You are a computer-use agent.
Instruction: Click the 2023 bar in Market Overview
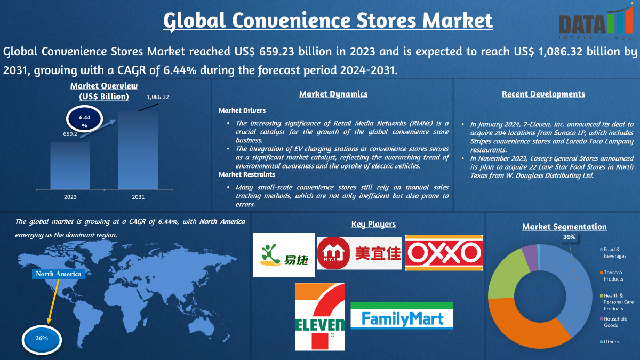(70, 165)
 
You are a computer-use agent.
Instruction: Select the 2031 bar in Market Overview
(138, 150)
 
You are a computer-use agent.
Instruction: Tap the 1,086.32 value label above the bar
(158, 97)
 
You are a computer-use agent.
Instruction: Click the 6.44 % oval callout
(85, 119)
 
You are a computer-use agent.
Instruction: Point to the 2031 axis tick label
(138, 197)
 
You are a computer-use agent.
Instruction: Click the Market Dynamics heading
(333, 94)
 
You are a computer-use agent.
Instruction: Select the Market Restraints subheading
(247, 174)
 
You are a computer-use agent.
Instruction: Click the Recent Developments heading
(543, 94)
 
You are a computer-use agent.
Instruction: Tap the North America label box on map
(59, 274)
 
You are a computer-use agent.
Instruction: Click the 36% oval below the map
(42, 339)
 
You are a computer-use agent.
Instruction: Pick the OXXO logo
(444, 253)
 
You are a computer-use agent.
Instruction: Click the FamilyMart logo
(402, 316)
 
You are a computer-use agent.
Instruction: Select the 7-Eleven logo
(320, 317)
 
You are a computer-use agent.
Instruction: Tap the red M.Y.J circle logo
(333, 253)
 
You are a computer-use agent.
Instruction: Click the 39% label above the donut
(569, 237)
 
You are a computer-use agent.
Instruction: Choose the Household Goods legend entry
(614, 322)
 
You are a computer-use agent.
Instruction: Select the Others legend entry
(609, 342)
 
